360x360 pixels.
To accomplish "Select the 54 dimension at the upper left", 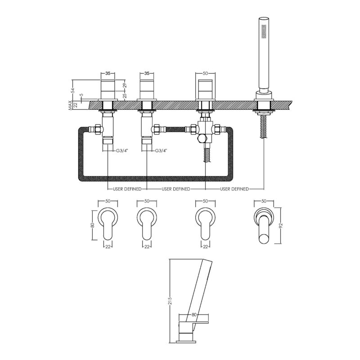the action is (73, 90).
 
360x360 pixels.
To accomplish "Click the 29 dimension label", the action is (126, 85).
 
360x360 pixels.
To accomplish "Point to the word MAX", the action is (70, 106).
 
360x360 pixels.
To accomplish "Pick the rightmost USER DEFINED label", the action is (234, 189).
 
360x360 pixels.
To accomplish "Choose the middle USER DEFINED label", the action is (176, 189).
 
